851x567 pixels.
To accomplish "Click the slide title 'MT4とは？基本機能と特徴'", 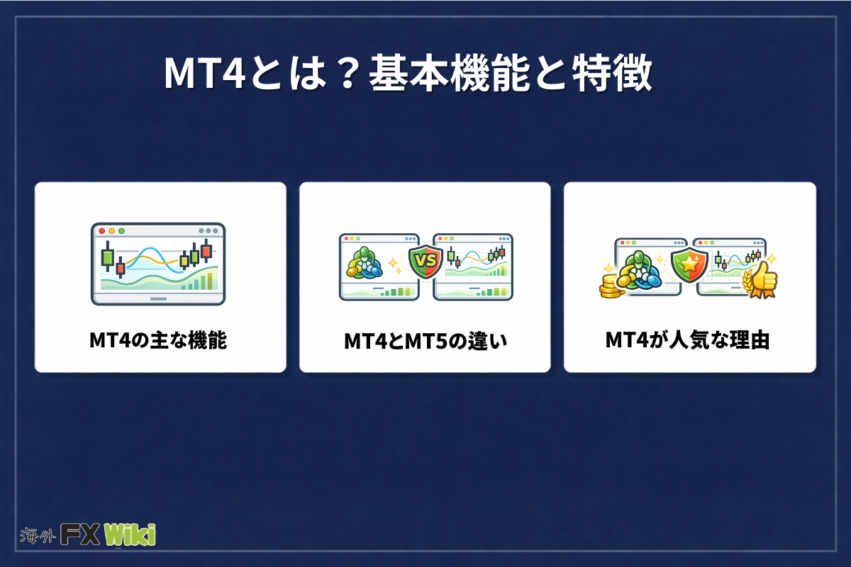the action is (x=408, y=73).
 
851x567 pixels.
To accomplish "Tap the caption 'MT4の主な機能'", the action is (x=158, y=340).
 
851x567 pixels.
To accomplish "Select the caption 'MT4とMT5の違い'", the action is (x=425, y=341).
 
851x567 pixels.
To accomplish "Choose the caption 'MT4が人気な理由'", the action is (x=687, y=340).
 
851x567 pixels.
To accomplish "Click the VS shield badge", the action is (x=425, y=262).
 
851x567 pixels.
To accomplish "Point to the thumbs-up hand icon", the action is (x=761, y=280).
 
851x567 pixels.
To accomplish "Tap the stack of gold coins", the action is (x=610, y=286).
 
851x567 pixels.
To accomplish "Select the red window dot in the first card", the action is (x=102, y=231).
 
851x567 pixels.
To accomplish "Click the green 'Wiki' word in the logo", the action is (x=130, y=534).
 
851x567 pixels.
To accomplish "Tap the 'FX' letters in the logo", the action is (x=80, y=534).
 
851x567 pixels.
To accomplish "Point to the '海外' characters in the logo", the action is (x=38, y=536).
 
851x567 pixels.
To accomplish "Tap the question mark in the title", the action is (x=347, y=73).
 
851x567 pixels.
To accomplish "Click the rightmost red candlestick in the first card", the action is (x=206, y=251).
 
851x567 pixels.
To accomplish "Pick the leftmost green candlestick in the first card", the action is (x=108, y=257).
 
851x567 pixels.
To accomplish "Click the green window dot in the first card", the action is (x=121, y=231).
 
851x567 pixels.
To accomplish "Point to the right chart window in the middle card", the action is (x=473, y=267).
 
